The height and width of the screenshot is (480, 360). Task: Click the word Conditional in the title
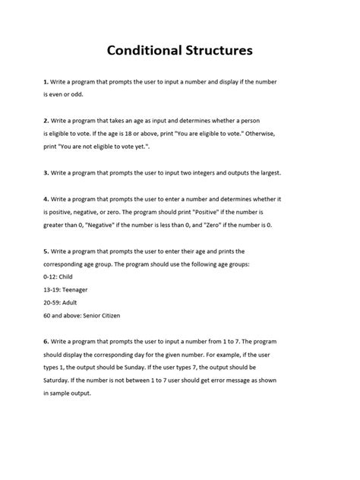click(142, 51)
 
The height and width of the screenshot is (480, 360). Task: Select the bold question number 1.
click(46, 81)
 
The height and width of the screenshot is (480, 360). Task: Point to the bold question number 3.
click(46, 172)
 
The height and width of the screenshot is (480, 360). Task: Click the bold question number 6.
click(46, 343)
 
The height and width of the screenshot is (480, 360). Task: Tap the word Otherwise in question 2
click(284, 134)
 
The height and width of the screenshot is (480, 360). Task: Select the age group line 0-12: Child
click(62, 278)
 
